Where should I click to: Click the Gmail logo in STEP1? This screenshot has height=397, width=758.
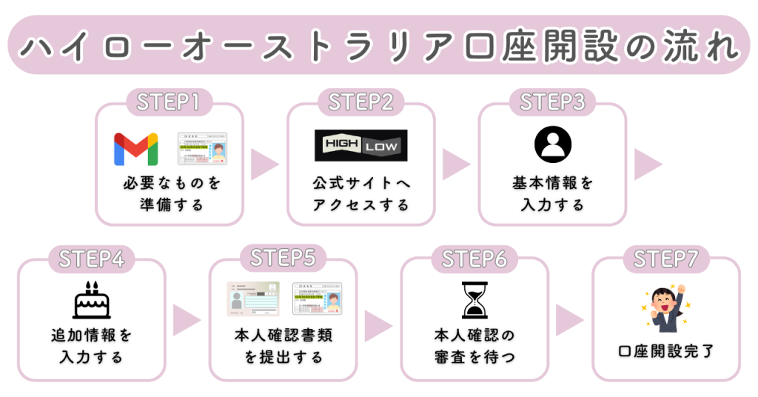[135, 149]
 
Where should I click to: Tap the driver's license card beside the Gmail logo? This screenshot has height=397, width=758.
[203, 149]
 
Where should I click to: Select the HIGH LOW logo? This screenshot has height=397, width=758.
[360, 145]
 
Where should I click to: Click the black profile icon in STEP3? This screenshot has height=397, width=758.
[552, 144]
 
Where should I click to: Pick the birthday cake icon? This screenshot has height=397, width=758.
[91, 299]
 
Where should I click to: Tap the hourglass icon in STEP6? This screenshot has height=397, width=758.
[474, 300]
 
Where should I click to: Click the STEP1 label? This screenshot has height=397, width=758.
[169, 102]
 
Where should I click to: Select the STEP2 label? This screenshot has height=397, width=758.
[360, 102]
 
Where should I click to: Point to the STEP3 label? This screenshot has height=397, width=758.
[552, 102]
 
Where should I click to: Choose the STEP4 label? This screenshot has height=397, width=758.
[91, 258]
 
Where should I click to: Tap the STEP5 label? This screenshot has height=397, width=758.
[283, 258]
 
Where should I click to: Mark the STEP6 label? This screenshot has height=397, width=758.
[474, 258]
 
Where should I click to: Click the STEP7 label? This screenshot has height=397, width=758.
[666, 258]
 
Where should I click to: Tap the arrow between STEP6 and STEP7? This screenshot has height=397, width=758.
[569, 320]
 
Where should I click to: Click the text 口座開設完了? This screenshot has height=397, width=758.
[666, 351]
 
